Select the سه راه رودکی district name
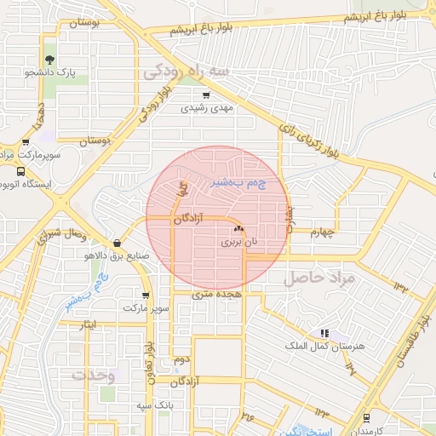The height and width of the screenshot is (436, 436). tap(186, 71)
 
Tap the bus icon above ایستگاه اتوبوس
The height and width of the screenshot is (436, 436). tap(20, 171)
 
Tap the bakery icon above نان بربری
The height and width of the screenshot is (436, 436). tap(238, 230)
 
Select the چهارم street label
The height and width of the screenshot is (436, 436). tap(324, 232)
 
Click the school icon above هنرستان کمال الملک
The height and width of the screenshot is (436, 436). tap(324, 333)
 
